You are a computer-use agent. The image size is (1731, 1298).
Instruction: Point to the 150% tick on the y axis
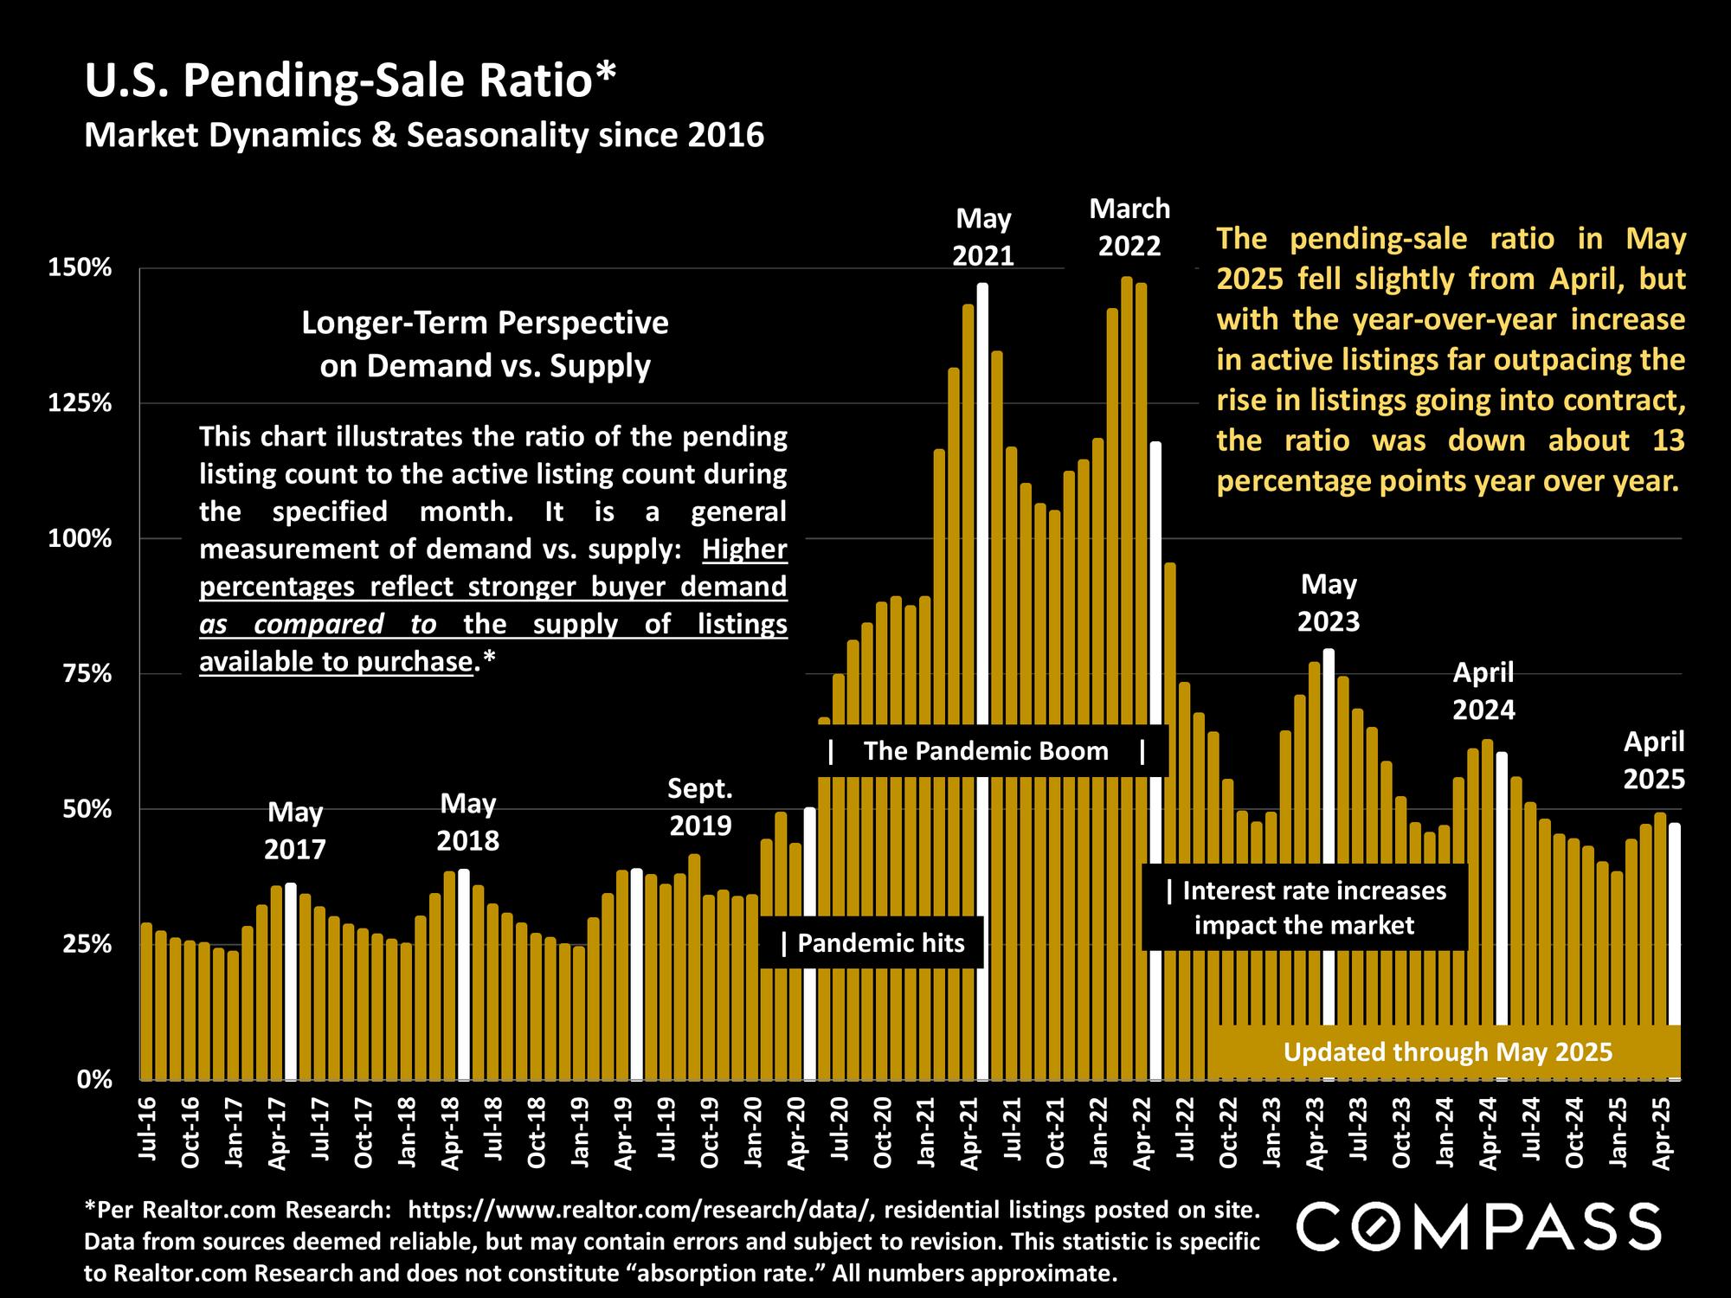(x=80, y=268)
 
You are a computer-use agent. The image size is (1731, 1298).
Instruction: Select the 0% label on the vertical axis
(x=94, y=1079)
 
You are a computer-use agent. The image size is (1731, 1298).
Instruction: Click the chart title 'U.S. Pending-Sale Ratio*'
(x=351, y=80)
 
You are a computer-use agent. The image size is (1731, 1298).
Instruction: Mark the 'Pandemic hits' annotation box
(x=872, y=942)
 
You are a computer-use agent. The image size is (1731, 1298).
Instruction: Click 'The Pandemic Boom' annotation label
(x=986, y=750)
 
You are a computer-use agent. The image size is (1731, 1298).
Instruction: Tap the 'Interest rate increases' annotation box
(x=1305, y=907)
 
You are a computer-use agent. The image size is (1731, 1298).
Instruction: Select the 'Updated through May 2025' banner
(x=1447, y=1052)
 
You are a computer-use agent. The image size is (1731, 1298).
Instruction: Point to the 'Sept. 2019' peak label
(x=700, y=806)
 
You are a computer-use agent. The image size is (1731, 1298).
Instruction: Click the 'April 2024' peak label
(x=1483, y=691)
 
